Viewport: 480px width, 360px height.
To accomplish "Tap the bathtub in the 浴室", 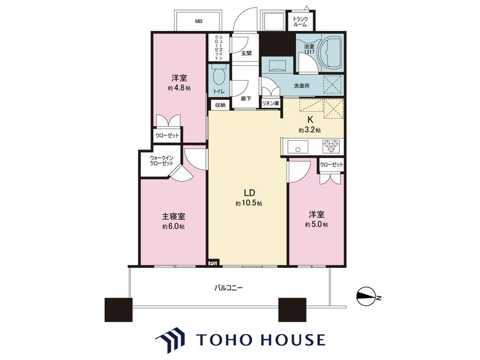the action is [330, 53].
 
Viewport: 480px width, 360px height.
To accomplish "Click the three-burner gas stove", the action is [331, 146].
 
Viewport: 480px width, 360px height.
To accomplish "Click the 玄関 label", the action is [246, 53].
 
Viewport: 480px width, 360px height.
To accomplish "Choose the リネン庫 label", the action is [270, 104].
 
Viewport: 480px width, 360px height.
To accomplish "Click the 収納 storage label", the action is [220, 105].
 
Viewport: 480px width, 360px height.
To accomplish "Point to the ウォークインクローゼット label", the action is [161, 160].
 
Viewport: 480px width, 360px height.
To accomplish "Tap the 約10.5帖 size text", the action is [249, 203].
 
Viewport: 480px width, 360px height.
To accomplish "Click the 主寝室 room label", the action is [173, 216].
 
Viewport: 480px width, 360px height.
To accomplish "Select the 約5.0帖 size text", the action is [316, 225].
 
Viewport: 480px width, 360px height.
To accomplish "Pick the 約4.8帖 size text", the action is [180, 88].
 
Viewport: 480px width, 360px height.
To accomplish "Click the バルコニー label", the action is [228, 288].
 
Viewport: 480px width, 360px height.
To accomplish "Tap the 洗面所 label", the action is [301, 86].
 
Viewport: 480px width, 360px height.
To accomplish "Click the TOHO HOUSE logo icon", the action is [170, 340].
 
